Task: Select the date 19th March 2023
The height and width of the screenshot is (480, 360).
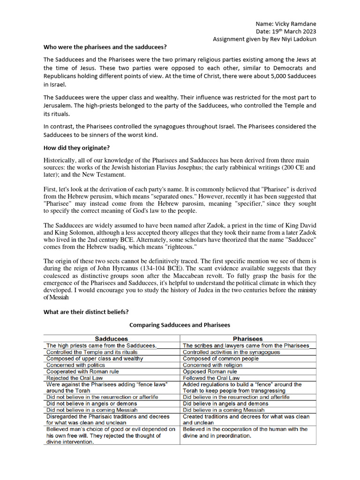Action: (292, 31)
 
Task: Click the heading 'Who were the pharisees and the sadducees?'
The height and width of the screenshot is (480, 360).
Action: (105, 47)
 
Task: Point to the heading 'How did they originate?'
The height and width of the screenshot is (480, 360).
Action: (76, 148)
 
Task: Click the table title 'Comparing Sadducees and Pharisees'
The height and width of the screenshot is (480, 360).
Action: (180, 325)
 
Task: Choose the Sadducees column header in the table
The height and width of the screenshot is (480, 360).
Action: (112, 338)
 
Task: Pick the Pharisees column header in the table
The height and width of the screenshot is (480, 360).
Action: (247, 338)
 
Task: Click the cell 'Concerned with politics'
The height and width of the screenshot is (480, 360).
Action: (75, 365)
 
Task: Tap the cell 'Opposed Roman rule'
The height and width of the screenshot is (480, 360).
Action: (210, 371)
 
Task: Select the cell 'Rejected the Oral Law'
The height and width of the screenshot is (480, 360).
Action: (75, 378)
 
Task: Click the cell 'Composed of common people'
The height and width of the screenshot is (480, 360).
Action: (220, 358)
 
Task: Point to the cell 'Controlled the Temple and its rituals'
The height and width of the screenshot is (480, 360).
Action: (92, 352)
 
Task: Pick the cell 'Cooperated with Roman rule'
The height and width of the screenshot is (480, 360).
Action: (82, 371)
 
